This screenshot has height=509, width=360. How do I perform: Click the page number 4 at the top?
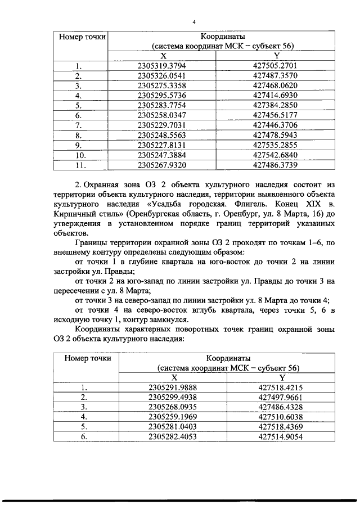pos(193,22)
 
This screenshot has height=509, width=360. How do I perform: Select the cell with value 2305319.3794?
pos(164,65)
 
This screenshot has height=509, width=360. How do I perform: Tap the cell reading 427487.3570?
pos(275,75)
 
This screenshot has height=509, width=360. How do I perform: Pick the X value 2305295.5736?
pos(164,95)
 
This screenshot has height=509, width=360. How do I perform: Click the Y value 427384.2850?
pos(275,105)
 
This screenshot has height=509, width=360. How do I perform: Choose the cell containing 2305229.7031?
pos(164,125)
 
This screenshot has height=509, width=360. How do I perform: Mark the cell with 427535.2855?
pos(275,145)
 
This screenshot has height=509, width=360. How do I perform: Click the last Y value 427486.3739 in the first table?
pos(275,165)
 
